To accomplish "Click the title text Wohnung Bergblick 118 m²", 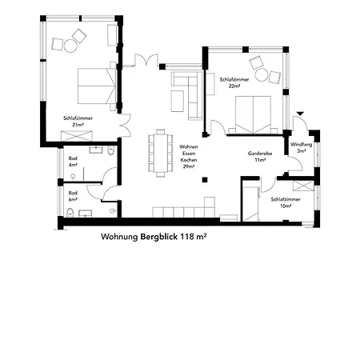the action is (154, 237).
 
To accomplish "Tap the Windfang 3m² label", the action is (301, 148).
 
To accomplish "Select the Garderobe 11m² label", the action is (260, 157).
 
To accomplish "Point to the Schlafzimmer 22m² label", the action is (234, 82).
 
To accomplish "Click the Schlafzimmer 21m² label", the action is (78, 121).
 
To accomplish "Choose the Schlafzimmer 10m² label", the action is (286, 202).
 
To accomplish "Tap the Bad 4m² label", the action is (73, 162).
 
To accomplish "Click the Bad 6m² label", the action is (73, 196).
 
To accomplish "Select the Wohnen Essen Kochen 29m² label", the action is (189, 157).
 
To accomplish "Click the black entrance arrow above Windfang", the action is (300, 114).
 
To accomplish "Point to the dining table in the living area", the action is (161, 153).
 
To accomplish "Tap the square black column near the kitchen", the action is (205, 180).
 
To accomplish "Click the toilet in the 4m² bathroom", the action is (110, 150).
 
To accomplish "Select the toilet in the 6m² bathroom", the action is (70, 213).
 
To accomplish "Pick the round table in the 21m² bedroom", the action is (70, 46).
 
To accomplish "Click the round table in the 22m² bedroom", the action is (262, 75).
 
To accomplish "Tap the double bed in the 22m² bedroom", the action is (253, 114).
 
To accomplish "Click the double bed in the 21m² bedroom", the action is (97, 86).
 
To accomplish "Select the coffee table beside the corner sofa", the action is (177, 101).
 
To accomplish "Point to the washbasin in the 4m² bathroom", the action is (96, 150).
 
